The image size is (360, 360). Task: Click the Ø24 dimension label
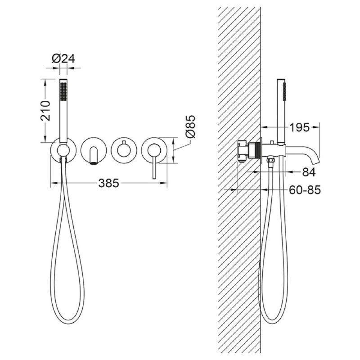click(63, 59)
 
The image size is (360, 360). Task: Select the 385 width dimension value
click(109, 183)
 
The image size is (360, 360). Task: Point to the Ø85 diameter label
click(190, 127)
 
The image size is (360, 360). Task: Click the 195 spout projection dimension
click(299, 127)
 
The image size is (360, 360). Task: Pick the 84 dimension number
click(309, 172)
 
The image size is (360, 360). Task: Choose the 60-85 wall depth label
click(305, 189)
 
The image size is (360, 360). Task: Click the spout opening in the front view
click(94, 163)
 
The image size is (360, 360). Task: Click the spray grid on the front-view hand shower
click(63, 91)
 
